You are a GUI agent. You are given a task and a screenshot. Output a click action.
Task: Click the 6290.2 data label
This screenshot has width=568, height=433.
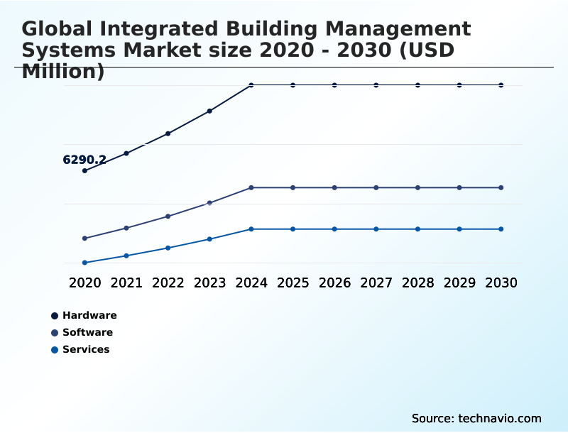[84, 160]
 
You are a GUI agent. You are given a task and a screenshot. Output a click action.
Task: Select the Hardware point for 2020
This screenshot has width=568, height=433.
[84, 170]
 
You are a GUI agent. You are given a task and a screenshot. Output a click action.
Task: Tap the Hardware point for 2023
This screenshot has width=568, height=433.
[209, 111]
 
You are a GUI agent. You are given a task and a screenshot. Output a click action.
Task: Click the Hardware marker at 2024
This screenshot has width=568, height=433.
[251, 85]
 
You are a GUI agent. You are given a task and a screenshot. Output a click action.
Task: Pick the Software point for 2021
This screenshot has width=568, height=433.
[126, 228]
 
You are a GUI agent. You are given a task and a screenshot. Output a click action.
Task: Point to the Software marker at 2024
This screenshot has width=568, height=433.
[251, 187]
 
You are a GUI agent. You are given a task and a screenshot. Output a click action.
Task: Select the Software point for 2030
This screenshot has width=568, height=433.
[501, 187]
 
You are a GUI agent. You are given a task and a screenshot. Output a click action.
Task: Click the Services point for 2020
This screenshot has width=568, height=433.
[84, 263]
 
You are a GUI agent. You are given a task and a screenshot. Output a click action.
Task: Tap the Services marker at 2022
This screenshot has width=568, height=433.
[168, 248]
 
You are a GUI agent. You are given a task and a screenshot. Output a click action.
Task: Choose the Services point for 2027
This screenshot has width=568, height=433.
[376, 229]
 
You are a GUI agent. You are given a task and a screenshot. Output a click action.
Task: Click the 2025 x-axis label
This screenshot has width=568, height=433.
[293, 283]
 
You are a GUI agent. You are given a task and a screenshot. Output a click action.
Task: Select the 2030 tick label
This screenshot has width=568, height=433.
[501, 283]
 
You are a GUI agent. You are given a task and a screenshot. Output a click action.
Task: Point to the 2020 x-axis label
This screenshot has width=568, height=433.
[84, 283]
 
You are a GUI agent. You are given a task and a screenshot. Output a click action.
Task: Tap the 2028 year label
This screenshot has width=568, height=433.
[417, 283]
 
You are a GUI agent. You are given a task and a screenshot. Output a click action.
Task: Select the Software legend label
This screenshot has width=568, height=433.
[87, 332]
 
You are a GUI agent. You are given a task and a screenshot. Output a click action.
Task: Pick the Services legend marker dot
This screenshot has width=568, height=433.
[55, 349]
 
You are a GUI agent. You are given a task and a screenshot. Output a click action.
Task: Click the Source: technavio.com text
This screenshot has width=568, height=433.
[476, 418]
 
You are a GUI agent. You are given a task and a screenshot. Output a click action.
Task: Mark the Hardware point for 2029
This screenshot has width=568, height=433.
[459, 85]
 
